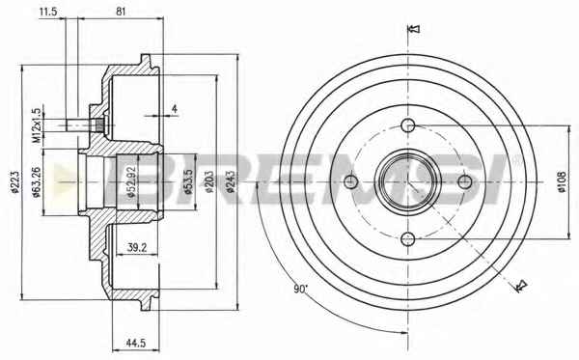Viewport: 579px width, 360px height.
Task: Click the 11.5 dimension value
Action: pyautogui.click(x=48, y=12)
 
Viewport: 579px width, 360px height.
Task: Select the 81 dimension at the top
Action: pyautogui.click(x=121, y=12)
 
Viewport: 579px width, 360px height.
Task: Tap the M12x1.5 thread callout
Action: pyautogui.click(x=37, y=125)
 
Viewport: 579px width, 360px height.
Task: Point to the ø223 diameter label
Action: pyautogui.click(x=15, y=182)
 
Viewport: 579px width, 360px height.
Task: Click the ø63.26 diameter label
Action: pyautogui.click(x=37, y=182)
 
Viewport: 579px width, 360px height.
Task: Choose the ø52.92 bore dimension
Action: pyautogui.click(x=132, y=182)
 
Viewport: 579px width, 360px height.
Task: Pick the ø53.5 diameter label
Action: pyautogui.click(x=189, y=182)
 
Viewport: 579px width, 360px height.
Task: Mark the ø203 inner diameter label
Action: pyautogui.click(x=209, y=182)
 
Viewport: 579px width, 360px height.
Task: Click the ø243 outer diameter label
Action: pyautogui.click(x=231, y=182)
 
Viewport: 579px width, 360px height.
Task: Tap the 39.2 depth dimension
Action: pyautogui.click(x=137, y=248)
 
